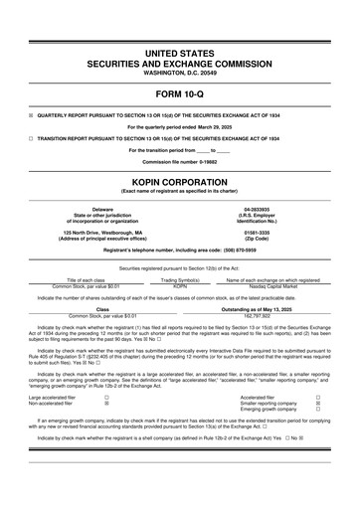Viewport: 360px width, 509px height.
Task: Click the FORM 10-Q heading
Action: tap(180, 95)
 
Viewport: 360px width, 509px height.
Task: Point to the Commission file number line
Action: tap(180, 160)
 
